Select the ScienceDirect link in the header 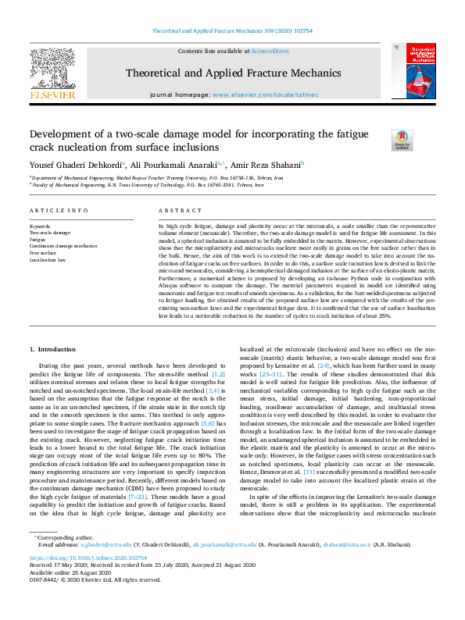(272, 51)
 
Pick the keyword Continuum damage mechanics (63, 245)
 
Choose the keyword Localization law (48, 259)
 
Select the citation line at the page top (232, 30)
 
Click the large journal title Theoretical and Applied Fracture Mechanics (232, 73)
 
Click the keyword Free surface (43, 252)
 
